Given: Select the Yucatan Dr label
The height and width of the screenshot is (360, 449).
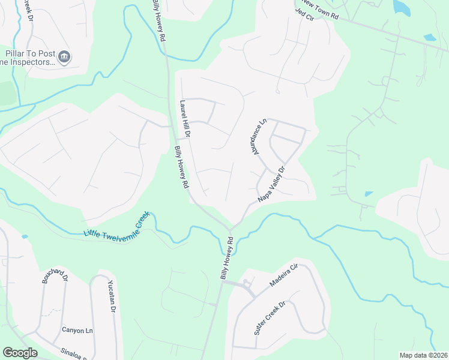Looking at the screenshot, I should [111, 296].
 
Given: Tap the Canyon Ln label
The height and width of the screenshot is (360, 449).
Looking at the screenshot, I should [77, 330].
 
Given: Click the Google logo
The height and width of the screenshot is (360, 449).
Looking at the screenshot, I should [20, 353].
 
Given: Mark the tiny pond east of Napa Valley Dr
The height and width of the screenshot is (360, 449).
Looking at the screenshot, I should [368, 194].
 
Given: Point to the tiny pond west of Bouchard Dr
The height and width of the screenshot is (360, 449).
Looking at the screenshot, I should [24, 236].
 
